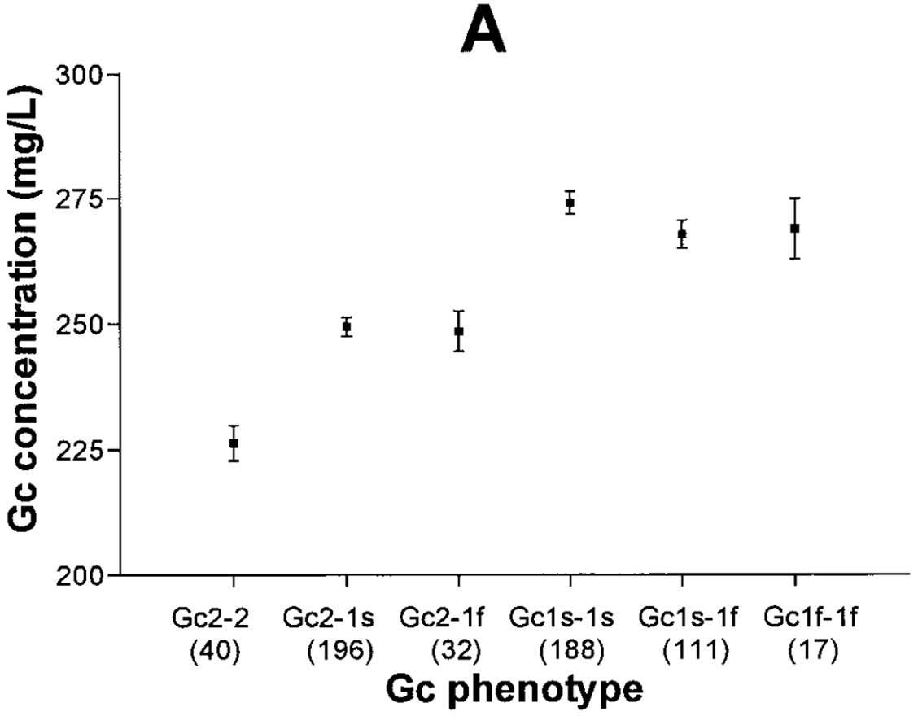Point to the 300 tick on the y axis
tap(81, 75)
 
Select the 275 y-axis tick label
tap(81, 200)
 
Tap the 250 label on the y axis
tap(81, 325)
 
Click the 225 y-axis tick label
tap(81, 450)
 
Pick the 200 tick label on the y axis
tap(81, 575)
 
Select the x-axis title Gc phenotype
tap(514, 688)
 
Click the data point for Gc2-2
tap(234, 443)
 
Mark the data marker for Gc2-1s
tap(347, 326)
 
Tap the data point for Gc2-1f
tap(459, 331)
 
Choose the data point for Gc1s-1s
tap(570, 202)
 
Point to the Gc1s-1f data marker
tap(682, 234)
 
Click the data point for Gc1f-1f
tap(794, 228)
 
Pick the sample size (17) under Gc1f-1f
tap(794, 650)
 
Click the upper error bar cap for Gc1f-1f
tap(794, 198)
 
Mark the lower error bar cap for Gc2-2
tap(234, 461)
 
